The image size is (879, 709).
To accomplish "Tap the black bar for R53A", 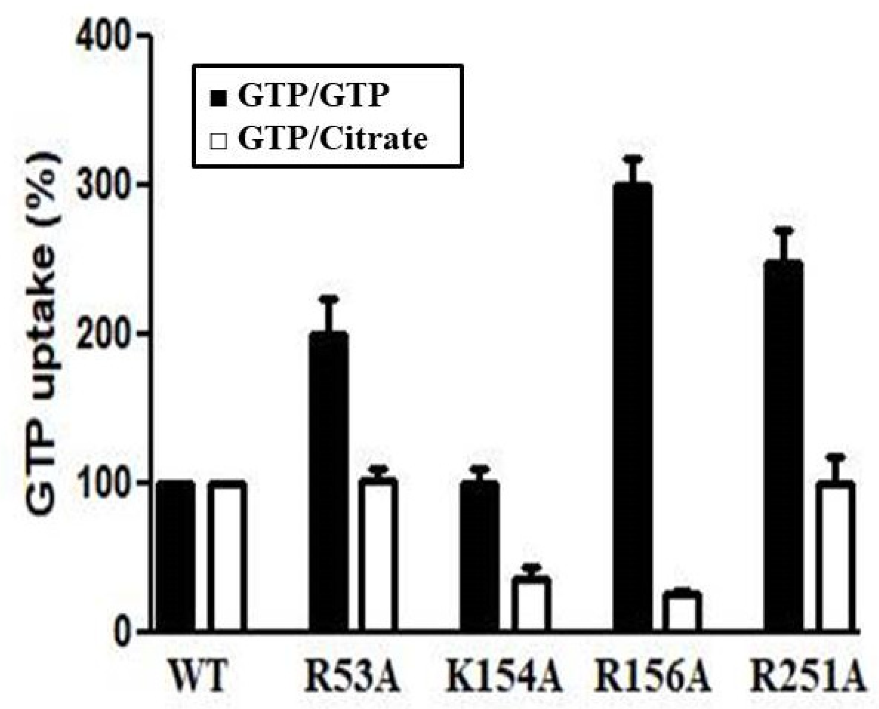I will tap(329, 482).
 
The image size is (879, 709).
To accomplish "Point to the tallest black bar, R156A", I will tap(633, 408).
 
